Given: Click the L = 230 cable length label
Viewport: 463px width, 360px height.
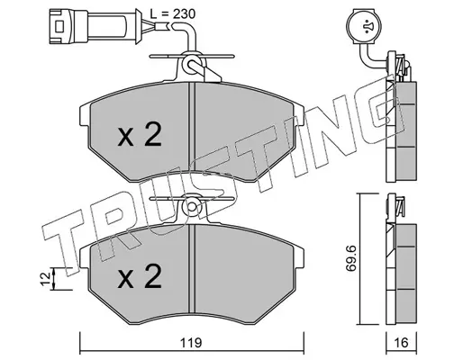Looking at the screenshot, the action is point(173,13).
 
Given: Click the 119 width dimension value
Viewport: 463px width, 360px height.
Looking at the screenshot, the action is point(191,342).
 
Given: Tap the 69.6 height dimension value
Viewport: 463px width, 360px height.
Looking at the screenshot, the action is point(350,258).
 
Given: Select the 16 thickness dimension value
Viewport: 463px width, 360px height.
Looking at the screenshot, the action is point(402,342).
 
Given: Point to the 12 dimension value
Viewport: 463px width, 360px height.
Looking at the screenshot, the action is point(46,279).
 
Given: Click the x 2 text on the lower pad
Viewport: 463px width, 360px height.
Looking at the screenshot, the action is point(140,276).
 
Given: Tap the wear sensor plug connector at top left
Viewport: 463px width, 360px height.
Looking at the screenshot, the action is point(95,27).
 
